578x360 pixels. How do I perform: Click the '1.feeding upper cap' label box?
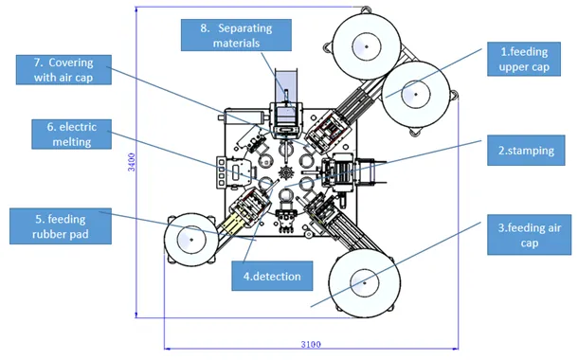coord(524,59)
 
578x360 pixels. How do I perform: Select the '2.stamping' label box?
coord(526,151)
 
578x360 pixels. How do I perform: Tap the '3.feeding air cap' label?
coord(529,235)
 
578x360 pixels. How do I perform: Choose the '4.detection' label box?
coord(272,276)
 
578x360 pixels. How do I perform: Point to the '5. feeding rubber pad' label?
coord(61,226)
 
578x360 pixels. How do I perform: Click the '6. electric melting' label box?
coord(71,135)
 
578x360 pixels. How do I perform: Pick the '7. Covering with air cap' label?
coord(63,70)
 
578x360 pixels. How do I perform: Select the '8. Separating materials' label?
coord(236,35)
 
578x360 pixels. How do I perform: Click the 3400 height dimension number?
coord(131,162)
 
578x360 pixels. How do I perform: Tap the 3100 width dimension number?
coord(311,345)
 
